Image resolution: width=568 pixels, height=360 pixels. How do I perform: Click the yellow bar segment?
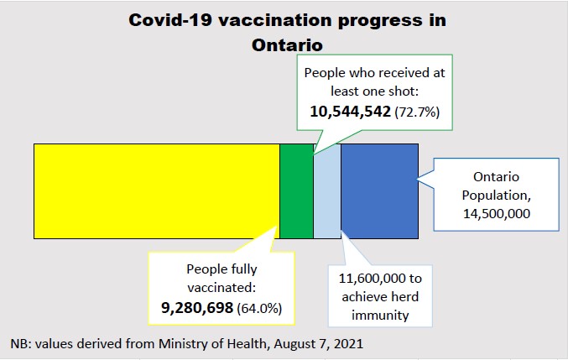point(156,190)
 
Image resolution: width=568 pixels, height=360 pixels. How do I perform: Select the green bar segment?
point(296,190)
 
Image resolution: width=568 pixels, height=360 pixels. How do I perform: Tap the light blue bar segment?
point(327,190)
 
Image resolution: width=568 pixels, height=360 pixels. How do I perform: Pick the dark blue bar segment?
point(379,190)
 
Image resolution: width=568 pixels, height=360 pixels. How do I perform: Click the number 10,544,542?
point(350,111)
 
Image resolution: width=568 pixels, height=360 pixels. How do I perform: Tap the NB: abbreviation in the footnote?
point(21,344)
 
